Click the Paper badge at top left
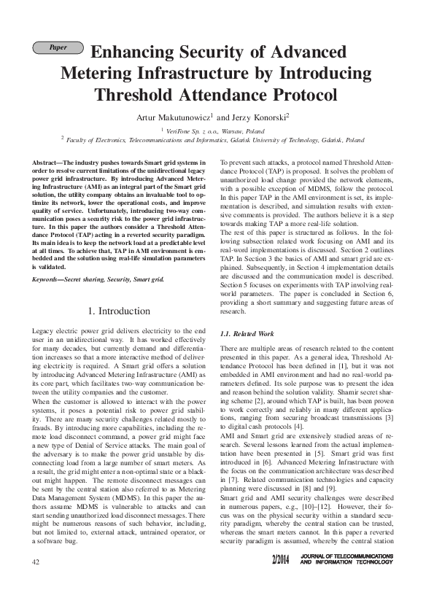(x=58, y=47)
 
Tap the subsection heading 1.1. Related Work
(x=246, y=333)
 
